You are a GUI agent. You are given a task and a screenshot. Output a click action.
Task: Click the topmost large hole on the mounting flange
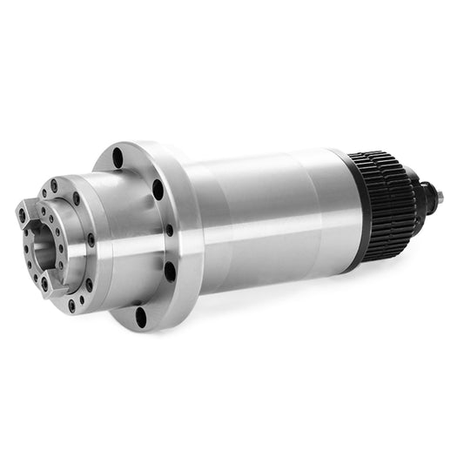(118, 158)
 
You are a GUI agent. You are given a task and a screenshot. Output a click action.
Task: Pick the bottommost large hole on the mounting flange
(141, 314)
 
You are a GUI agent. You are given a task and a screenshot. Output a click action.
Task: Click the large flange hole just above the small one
(158, 189)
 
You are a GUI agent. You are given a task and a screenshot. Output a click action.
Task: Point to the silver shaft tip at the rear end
(438, 198)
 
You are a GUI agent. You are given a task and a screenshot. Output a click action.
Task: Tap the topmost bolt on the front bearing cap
(55, 185)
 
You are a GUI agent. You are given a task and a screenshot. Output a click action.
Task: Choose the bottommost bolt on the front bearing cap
(71, 305)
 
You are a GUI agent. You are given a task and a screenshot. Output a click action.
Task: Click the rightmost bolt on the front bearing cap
(90, 240)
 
